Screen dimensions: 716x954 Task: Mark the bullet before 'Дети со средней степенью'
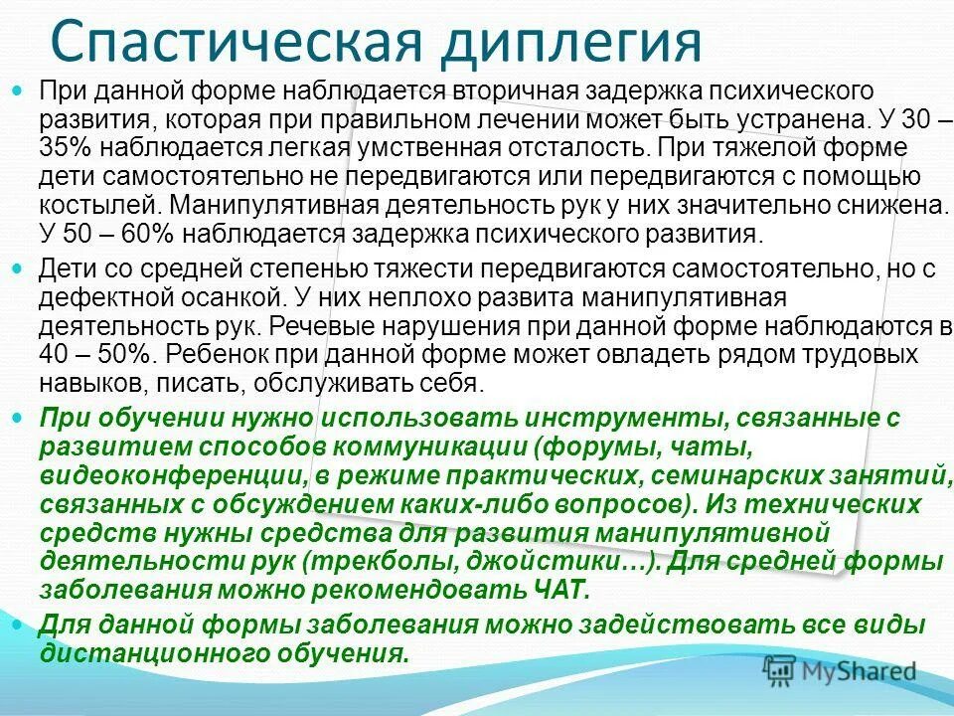click(25, 268)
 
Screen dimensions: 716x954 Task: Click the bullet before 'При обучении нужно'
click(25, 419)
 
